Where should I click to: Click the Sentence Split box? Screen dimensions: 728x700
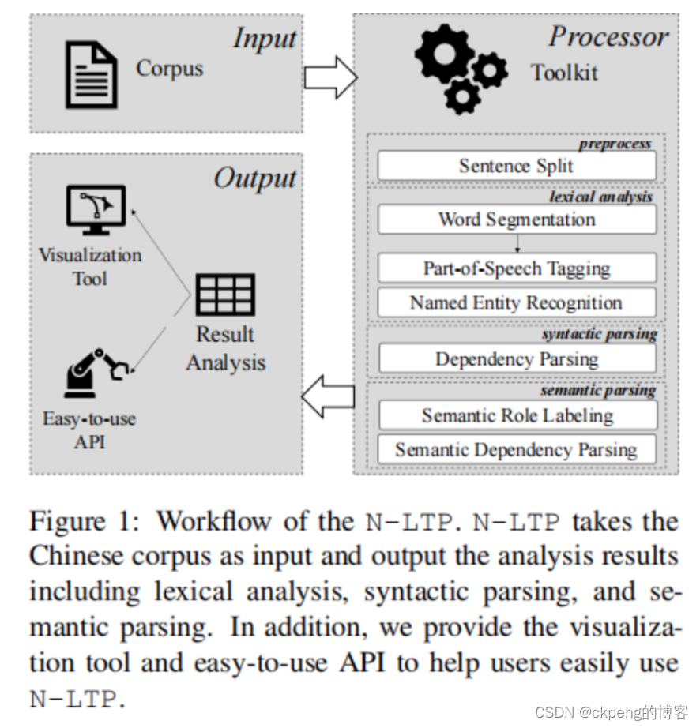[517, 167]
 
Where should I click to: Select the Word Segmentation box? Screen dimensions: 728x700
[517, 220]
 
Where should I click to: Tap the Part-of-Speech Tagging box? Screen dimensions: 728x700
[517, 268]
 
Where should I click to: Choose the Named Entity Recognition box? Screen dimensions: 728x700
[517, 303]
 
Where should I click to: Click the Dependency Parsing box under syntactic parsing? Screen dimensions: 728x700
[517, 359]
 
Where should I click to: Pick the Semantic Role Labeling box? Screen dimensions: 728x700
[517, 416]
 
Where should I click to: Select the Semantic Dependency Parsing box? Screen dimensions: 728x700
[517, 450]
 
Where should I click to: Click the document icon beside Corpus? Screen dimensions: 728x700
[92, 73]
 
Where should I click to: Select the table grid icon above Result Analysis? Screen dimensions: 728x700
[225, 295]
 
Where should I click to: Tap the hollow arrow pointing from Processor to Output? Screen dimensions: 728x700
[329, 397]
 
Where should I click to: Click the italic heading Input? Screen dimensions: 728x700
[264, 38]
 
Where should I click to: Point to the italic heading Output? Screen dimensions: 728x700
[254, 178]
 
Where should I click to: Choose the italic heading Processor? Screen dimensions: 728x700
[608, 36]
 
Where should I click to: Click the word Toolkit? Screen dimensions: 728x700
[564, 73]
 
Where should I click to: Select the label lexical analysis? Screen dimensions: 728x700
[600, 197]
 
